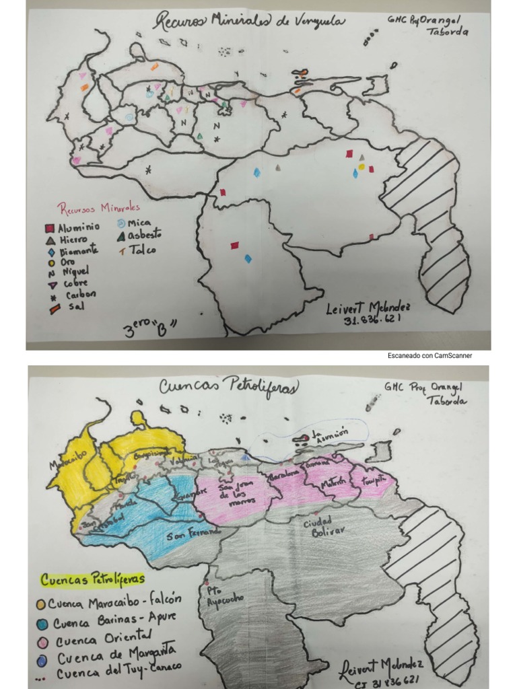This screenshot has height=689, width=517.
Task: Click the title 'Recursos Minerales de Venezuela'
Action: pyautogui.click(x=249, y=22)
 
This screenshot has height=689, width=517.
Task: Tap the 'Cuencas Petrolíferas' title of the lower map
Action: pyautogui.click(x=229, y=387)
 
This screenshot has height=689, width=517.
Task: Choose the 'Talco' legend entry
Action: pyautogui.click(x=137, y=250)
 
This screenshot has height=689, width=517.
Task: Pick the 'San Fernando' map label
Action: pyautogui.click(x=195, y=534)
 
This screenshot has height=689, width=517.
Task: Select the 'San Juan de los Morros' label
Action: pyautogui.click(x=236, y=493)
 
